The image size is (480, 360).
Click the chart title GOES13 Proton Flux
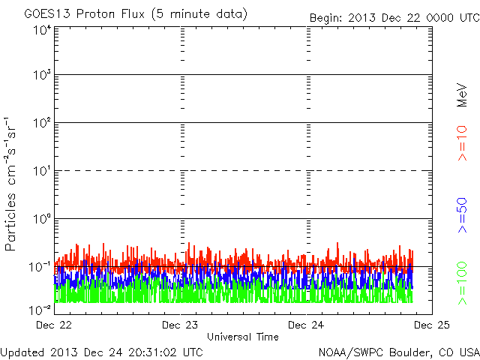[x=84, y=14]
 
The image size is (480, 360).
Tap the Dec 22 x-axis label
[x=54, y=325]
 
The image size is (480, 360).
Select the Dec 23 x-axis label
[x=180, y=325]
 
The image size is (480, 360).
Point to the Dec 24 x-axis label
[x=306, y=325]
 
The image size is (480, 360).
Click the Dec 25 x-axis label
[x=432, y=325]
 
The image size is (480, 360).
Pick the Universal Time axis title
[x=243, y=337]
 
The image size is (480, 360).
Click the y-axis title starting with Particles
[x=10, y=184]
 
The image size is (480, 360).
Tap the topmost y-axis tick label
[x=42, y=31]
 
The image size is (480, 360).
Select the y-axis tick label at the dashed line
[x=42, y=171]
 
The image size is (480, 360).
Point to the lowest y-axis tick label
[x=40, y=310]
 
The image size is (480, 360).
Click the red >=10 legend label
[x=462, y=143]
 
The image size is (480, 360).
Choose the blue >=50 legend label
[x=462, y=215]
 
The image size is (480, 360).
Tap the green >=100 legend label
[x=462, y=283]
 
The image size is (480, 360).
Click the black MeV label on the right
[x=462, y=95]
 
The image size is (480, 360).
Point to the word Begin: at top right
[x=325, y=18]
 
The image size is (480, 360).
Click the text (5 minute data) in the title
[x=199, y=14]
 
